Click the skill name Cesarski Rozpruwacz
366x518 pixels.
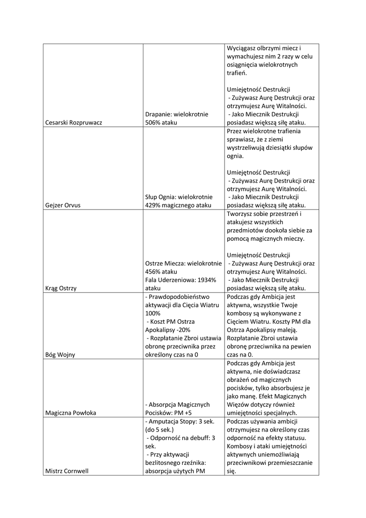pyautogui.click(x=73, y=122)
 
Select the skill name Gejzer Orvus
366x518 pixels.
pyautogui.click(x=63, y=205)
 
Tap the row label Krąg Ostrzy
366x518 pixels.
pyautogui.click(x=61, y=288)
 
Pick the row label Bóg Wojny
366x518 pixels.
pyautogui.click(x=60, y=355)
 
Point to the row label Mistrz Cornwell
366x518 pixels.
pyautogui.click(x=67, y=471)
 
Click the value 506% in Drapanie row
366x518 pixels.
pyautogui.click(x=152, y=122)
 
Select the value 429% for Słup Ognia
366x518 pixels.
pyautogui.click(x=152, y=205)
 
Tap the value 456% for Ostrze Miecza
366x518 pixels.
pyautogui.click(x=152, y=272)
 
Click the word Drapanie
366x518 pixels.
pyautogui.click(x=158, y=114)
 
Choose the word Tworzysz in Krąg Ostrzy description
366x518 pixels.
pyautogui.click(x=241, y=214)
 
